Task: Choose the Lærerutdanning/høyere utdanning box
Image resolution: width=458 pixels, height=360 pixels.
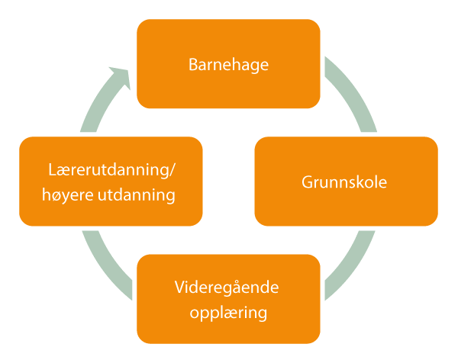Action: (x=111, y=182)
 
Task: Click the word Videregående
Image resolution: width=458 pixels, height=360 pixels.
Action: (x=227, y=290)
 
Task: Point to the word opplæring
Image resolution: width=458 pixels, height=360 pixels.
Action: (x=227, y=313)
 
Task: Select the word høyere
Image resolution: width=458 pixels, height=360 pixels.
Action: (x=69, y=195)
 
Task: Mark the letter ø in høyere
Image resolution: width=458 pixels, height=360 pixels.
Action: (x=57, y=196)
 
